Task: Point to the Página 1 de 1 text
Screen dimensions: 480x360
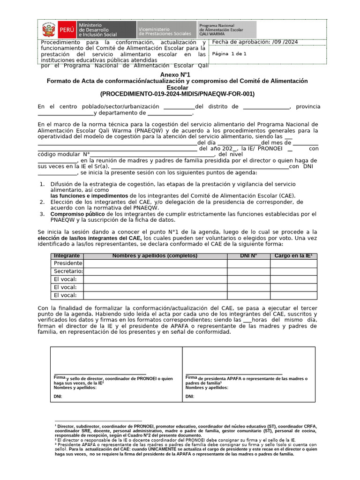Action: coord(229,54)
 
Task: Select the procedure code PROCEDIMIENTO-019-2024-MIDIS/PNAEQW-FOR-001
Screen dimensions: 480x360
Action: coord(177,94)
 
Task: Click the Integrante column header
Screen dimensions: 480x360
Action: coord(67,256)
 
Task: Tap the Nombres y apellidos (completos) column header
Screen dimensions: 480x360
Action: coord(155,256)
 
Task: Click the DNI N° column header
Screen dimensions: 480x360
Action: coord(248,256)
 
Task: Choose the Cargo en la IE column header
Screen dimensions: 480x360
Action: coord(293,256)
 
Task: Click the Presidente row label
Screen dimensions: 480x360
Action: coord(68,263)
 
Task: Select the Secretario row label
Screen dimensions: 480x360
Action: coord(68,271)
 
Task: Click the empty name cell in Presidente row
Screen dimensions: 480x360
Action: coord(155,263)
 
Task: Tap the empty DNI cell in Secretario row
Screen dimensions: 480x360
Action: coord(248,271)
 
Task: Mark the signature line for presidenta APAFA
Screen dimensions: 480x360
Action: coord(234,375)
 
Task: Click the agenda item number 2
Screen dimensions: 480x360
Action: coord(42,202)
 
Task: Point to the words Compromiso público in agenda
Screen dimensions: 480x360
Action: coord(71,214)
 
